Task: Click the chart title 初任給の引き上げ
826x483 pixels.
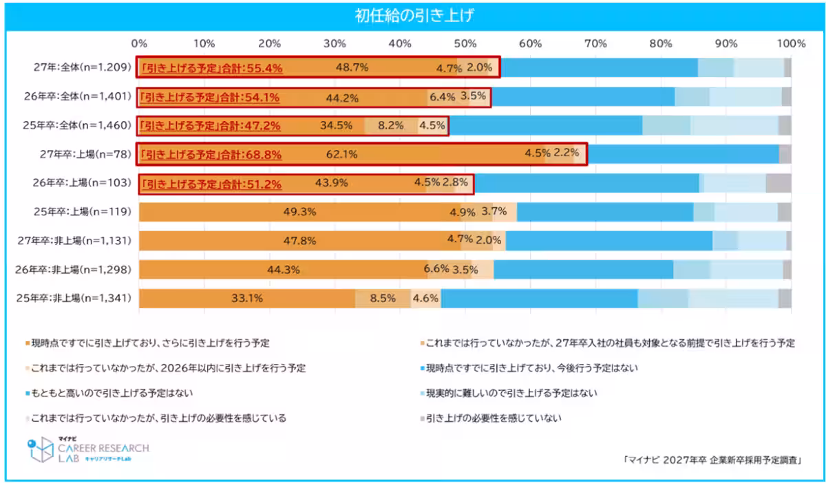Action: point(413,16)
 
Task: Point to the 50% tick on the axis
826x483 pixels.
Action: point(465,43)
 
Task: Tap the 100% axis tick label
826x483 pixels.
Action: point(790,43)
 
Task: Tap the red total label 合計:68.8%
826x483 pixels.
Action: point(211,155)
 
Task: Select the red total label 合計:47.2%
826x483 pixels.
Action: point(211,126)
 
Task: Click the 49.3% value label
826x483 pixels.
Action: point(299,212)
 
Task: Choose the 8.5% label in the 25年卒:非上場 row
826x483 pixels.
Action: point(383,299)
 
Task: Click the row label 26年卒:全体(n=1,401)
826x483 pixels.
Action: point(73,96)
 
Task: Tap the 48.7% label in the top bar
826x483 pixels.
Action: point(352,67)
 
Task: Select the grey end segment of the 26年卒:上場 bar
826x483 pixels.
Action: point(778,183)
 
